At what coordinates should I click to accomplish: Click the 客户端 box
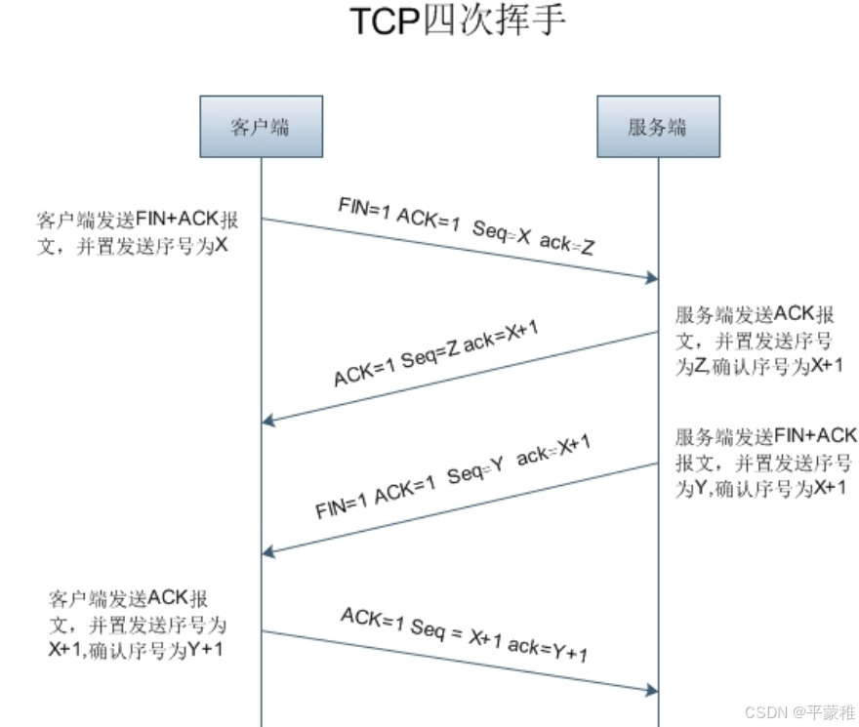point(261,126)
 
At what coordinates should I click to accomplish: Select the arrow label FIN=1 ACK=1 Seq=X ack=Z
point(467,226)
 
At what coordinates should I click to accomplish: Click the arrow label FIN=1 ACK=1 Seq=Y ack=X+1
point(454,478)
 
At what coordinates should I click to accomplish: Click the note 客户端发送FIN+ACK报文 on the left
point(137,230)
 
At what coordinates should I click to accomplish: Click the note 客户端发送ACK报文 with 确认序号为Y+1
point(137,625)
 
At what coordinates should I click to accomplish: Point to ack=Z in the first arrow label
point(567,244)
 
